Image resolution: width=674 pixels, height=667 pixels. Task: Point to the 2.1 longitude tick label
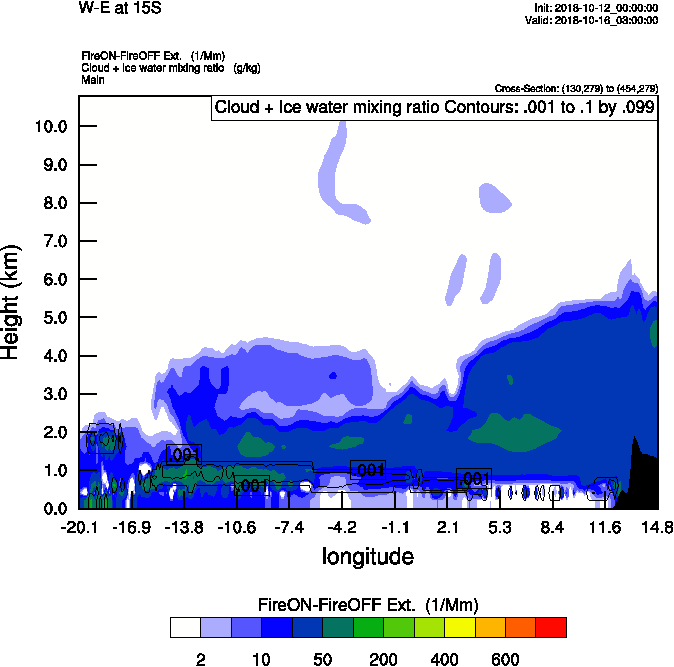pos(449,528)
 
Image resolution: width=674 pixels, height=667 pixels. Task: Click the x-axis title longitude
pos(367,556)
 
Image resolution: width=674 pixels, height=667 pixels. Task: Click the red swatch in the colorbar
pos(551,627)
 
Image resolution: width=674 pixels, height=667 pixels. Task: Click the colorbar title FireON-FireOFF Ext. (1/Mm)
pos(368,605)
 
